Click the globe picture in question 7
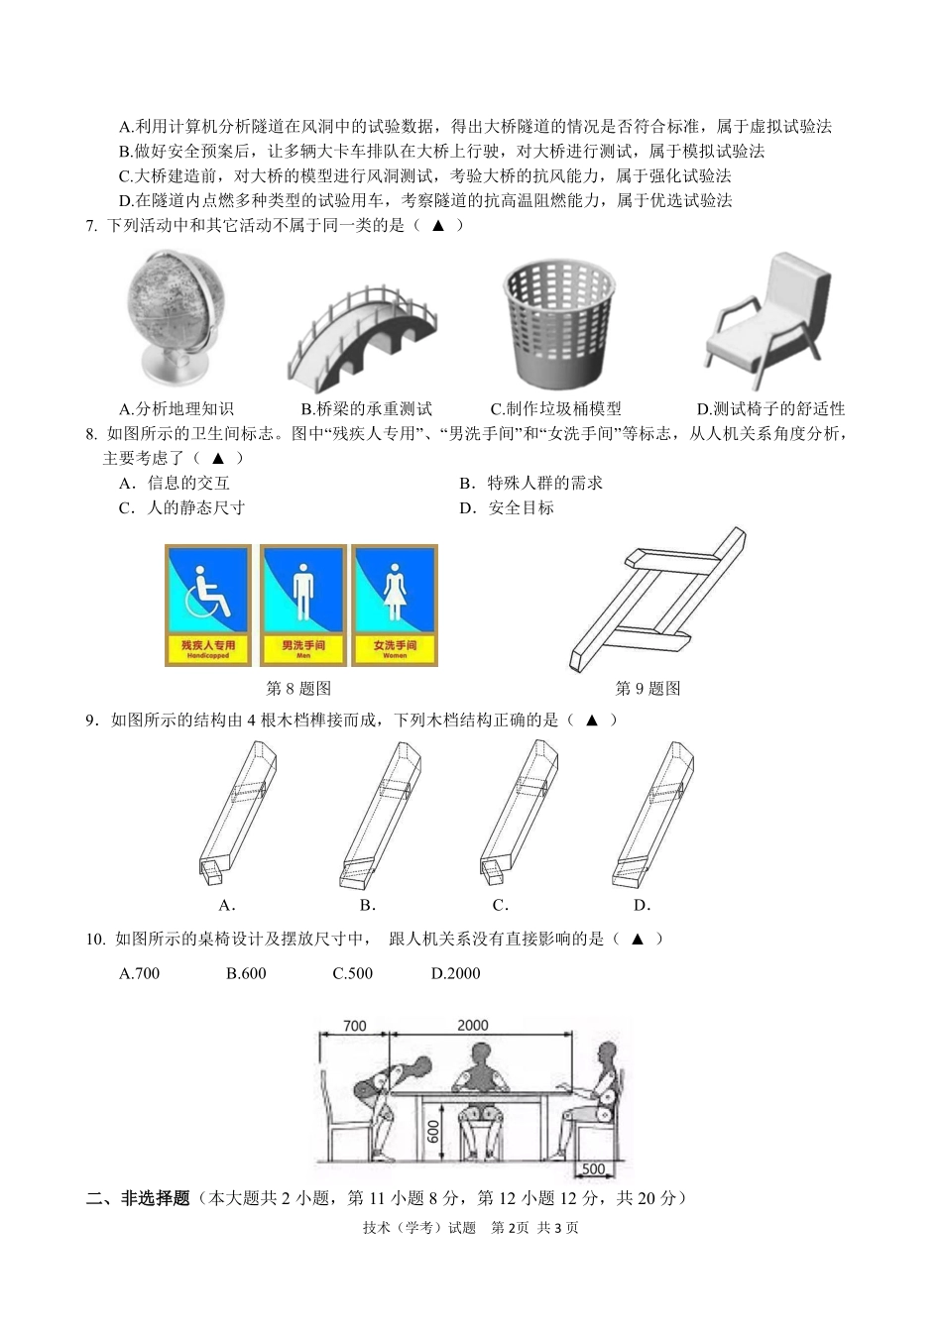pos(176,316)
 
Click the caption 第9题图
pos(648,689)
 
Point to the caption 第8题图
pos(298,689)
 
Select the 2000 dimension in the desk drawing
pos(473,1026)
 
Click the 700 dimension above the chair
pos(354,1026)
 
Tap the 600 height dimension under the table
pos(433,1131)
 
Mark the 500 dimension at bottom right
pos(593,1168)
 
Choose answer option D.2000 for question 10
pos(455,973)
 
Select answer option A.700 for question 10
pos(139,973)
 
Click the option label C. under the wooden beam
pos(501,905)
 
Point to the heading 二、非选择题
pos(138,1198)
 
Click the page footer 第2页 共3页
pos(534,1228)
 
